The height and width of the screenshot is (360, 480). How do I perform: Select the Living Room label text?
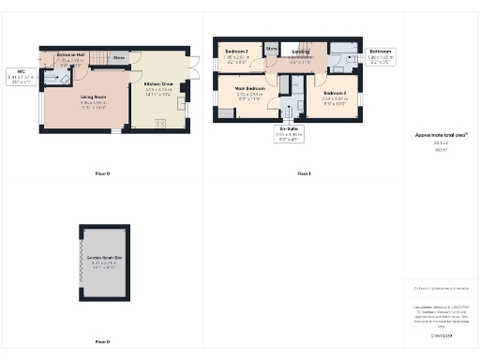tap(91, 98)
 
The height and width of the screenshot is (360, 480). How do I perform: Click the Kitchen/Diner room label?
tap(157, 86)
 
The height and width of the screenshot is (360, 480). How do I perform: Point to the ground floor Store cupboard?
tap(119, 57)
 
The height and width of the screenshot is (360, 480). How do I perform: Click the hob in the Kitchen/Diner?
tap(158, 122)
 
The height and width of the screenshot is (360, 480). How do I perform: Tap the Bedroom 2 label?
tap(336, 96)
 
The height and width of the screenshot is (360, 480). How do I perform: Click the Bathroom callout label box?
tap(380, 53)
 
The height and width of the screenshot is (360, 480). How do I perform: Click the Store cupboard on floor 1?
tap(272, 49)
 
